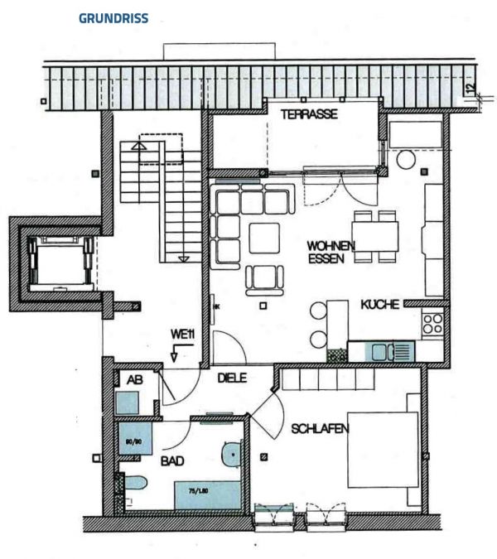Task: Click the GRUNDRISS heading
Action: [x=113, y=18]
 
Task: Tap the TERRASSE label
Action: [x=308, y=115]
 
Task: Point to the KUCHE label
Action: [x=380, y=305]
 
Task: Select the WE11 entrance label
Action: [x=182, y=335]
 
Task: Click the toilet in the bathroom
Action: [x=135, y=484]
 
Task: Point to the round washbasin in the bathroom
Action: [x=232, y=453]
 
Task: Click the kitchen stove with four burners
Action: [x=432, y=322]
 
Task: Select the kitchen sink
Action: [x=389, y=351]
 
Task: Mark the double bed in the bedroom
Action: [x=382, y=449]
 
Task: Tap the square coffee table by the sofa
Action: [x=265, y=238]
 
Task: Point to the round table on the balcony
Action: [x=405, y=159]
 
